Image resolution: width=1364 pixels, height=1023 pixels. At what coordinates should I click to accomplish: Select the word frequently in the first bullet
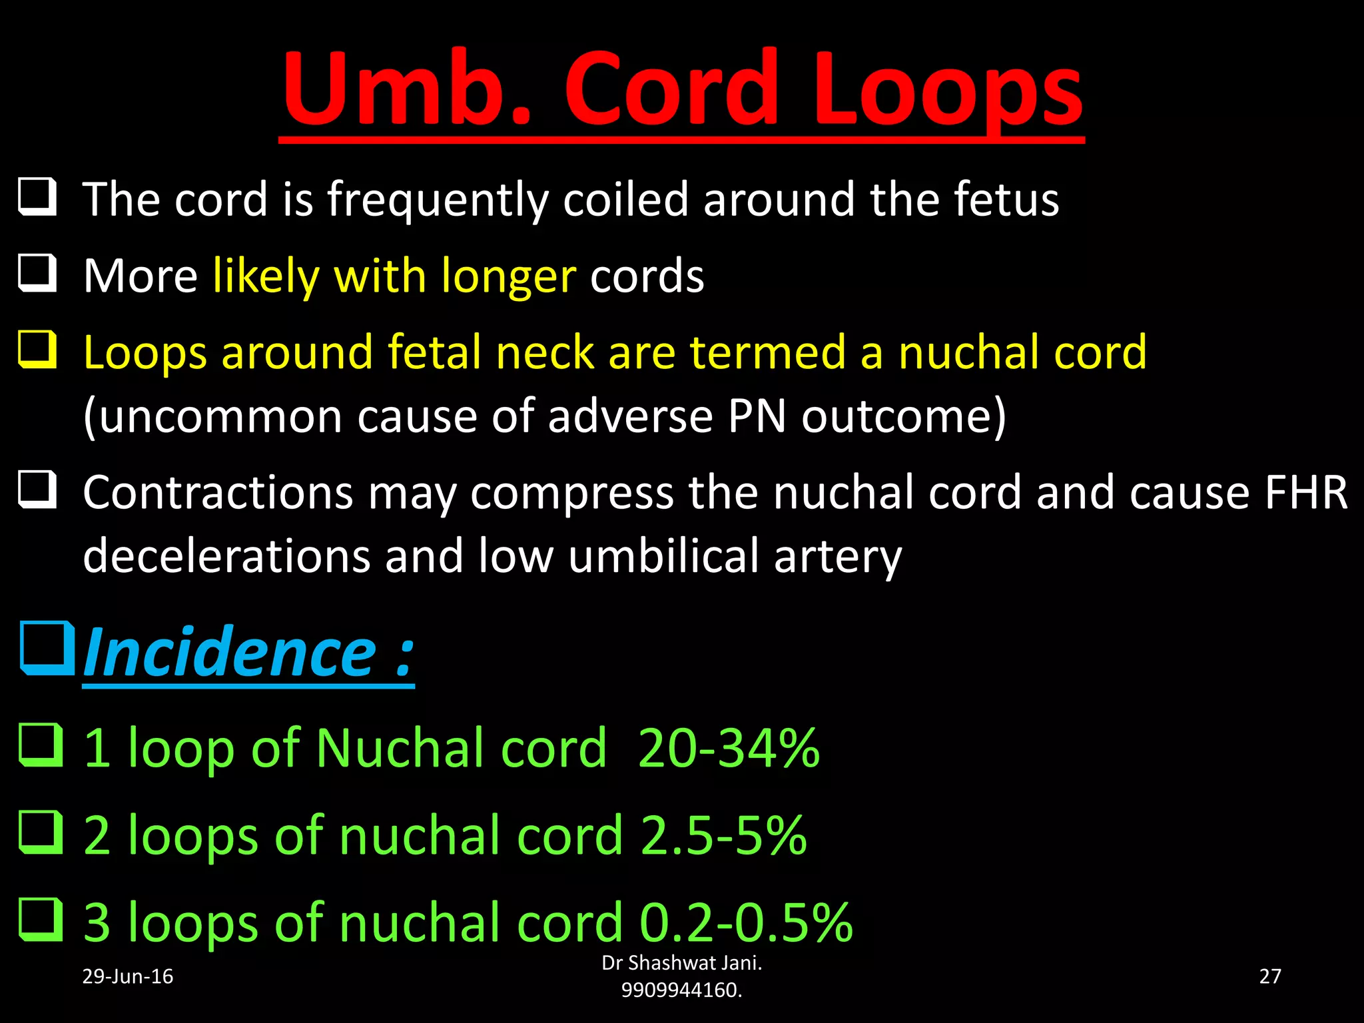click(438, 200)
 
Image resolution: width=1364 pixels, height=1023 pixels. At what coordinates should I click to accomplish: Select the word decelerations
click(226, 556)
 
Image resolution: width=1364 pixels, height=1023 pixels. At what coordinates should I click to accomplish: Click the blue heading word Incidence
click(230, 653)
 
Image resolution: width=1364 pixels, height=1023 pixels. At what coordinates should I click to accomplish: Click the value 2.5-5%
click(723, 836)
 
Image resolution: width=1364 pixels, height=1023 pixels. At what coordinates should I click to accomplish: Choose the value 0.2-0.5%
click(746, 923)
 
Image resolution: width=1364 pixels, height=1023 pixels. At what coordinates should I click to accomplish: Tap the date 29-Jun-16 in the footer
click(127, 976)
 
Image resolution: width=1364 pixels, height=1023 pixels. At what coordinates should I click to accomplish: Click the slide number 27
click(1269, 976)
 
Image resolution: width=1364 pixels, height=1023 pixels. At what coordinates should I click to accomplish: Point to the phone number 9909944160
click(681, 990)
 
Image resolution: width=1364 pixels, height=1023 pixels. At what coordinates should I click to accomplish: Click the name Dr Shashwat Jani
click(681, 963)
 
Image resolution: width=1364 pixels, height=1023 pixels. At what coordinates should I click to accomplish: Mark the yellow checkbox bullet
click(37, 350)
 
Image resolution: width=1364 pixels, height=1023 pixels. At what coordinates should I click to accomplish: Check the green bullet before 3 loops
click(40, 920)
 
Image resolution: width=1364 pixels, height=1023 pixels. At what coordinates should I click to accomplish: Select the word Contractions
click(218, 493)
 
